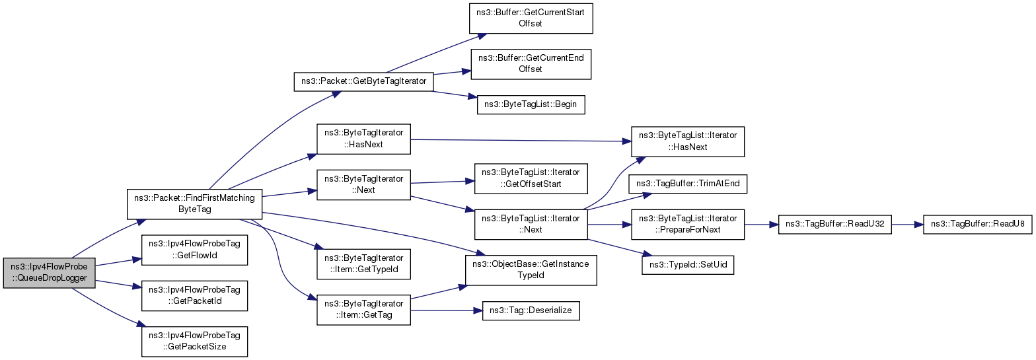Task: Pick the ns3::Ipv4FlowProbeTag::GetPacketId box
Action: point(194,295)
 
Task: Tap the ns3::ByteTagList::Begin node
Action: point(531,104)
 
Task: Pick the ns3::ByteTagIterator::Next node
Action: point(363,184)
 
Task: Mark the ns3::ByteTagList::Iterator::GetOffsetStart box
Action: point(531,178)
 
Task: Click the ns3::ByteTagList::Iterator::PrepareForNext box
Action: point(688,225)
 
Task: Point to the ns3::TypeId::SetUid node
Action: point(688,266)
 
